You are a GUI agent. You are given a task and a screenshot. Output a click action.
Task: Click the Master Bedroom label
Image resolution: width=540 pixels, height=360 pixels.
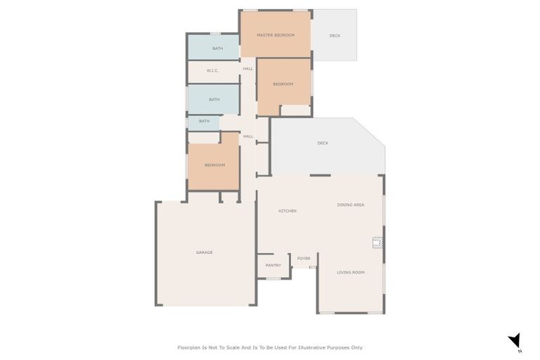(x=274, y=34)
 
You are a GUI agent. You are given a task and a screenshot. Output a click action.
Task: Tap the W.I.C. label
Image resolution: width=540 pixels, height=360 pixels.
(x=213, y=70)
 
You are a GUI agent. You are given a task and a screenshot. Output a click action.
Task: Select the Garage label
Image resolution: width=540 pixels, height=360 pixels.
(x=204, y=252)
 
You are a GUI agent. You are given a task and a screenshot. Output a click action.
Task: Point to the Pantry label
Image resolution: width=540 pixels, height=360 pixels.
(x=274, y=265)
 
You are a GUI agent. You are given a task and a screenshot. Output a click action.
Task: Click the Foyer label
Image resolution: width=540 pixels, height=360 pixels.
(x=304, y=258)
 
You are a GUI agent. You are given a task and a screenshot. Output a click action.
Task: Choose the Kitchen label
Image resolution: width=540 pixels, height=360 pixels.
(x=287, y=211)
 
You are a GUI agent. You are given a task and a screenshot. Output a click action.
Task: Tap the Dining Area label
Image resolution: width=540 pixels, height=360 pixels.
(x=350, y=205)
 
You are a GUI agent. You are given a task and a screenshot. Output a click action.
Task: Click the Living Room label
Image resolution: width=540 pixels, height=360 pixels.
(x=350, y=272)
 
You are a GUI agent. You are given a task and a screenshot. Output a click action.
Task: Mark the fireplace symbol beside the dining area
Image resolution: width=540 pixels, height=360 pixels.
(x=378, y=243)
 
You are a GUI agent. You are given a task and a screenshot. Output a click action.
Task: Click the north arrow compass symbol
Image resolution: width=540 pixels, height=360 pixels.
(x=515, y=340)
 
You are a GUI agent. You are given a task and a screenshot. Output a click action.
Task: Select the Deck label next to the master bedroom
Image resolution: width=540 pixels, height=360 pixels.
(x=335, y=35)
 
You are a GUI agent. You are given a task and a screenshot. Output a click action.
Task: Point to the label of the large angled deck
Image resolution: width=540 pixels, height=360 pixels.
(x=323, y=143)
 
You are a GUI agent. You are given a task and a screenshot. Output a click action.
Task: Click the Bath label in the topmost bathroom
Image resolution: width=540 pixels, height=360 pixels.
(x=217, y=49)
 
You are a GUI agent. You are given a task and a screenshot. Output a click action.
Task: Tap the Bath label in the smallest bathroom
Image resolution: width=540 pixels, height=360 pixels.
(x=204, y=121)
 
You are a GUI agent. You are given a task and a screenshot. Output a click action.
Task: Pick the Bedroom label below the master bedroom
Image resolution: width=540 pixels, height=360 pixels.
(x=283, y=84)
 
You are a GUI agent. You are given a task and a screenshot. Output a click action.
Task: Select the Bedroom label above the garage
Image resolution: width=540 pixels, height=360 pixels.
(x=214, y=165)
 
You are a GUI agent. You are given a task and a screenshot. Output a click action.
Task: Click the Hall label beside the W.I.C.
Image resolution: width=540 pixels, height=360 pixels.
(x=248, y=69)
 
